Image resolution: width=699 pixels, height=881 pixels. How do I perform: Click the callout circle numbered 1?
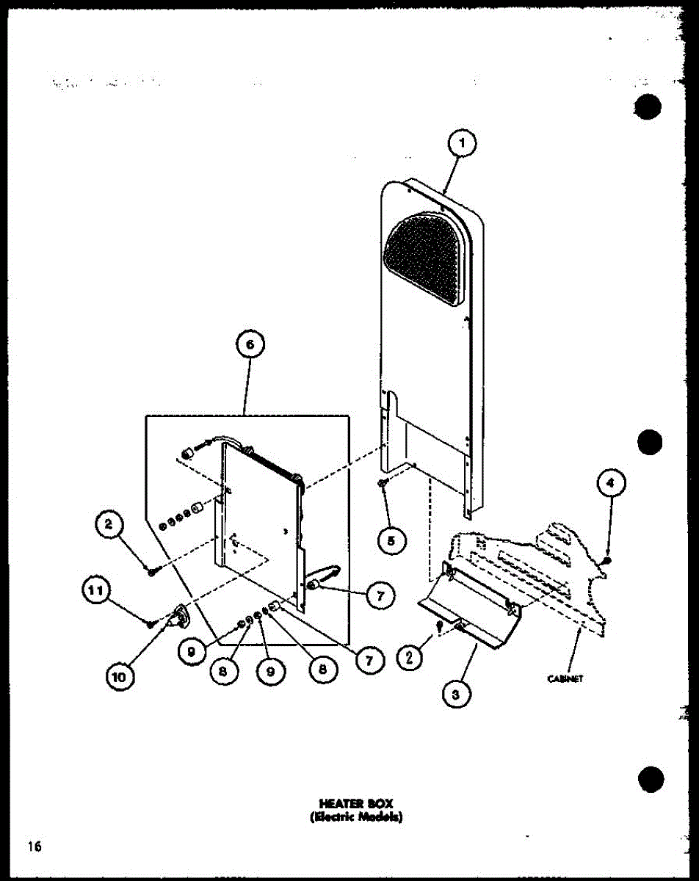[x=461, y=145]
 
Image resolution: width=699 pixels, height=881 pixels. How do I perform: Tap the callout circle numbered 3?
[x=457, y=694]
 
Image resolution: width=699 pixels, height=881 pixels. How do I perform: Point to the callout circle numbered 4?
[x=611, y=484]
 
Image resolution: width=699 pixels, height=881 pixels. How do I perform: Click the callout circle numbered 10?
[x=119, y=676]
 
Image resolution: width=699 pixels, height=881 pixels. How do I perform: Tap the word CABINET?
[x=565, y=679]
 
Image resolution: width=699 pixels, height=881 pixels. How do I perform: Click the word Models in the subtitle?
[x=382, y=816]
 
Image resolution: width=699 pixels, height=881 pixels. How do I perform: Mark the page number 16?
[x=35, y=846]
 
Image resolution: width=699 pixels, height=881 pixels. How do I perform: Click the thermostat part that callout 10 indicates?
[x=176, y=614]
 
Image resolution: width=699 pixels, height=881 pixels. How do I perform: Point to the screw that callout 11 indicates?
[x=151, y=623]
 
